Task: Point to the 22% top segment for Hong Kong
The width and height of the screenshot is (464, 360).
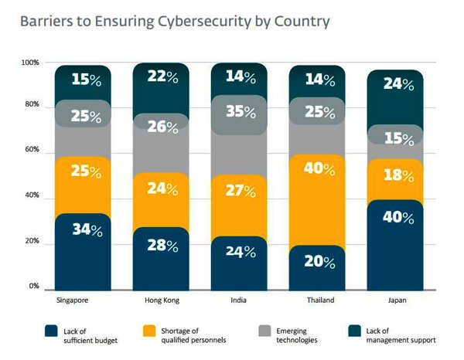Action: [162, 87]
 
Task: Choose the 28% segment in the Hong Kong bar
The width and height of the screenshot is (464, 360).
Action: [162, 257]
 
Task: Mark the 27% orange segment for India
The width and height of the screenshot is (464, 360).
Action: [239, 205]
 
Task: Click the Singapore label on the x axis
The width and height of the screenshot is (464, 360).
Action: [71, 301]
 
